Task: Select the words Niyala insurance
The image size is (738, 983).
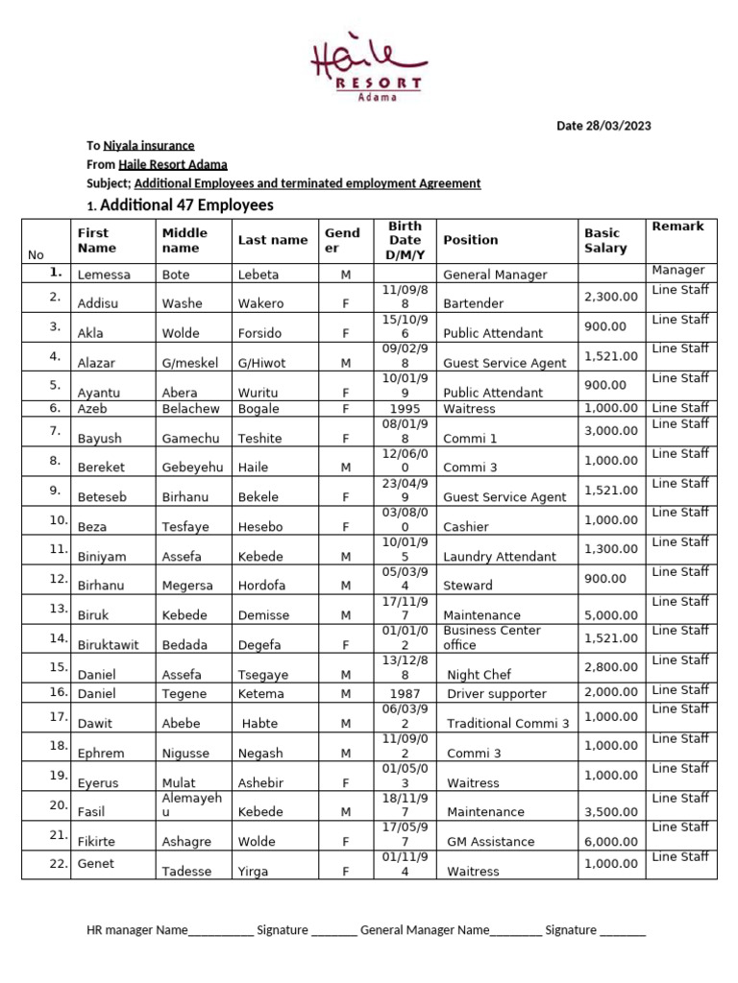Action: click(x=149, y=146)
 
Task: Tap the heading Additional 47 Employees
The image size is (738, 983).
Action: click(x=186, y=205)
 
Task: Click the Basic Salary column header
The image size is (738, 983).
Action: click(x=605, y=240)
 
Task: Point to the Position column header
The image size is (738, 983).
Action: click(x=471, y=240)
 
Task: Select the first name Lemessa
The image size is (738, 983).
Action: click(x=104, y=275)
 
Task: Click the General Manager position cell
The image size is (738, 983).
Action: click(x=495, y=275)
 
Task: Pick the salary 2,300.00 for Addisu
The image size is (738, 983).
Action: click(x=610, y=298)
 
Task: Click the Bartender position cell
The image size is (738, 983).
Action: click(x=474, y=304)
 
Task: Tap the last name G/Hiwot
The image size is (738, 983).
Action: click(x=261, y=364)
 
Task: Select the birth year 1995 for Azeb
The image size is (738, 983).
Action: click(x=405, y=409)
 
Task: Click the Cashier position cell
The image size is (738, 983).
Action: click(x=466, y=527)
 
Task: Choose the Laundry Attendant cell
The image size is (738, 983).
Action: click(x=500, y=557)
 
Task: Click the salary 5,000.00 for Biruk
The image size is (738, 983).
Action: click(x=610, y=615)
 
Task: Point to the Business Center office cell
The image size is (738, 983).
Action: click(x=492, y=637)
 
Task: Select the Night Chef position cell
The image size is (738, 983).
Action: click(x=480, y=675)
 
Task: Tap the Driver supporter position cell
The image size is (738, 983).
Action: click(x=497, y=693)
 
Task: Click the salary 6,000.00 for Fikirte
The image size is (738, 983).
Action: click(x=610, y=842)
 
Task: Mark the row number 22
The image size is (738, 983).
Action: click(x=58, y=864)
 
